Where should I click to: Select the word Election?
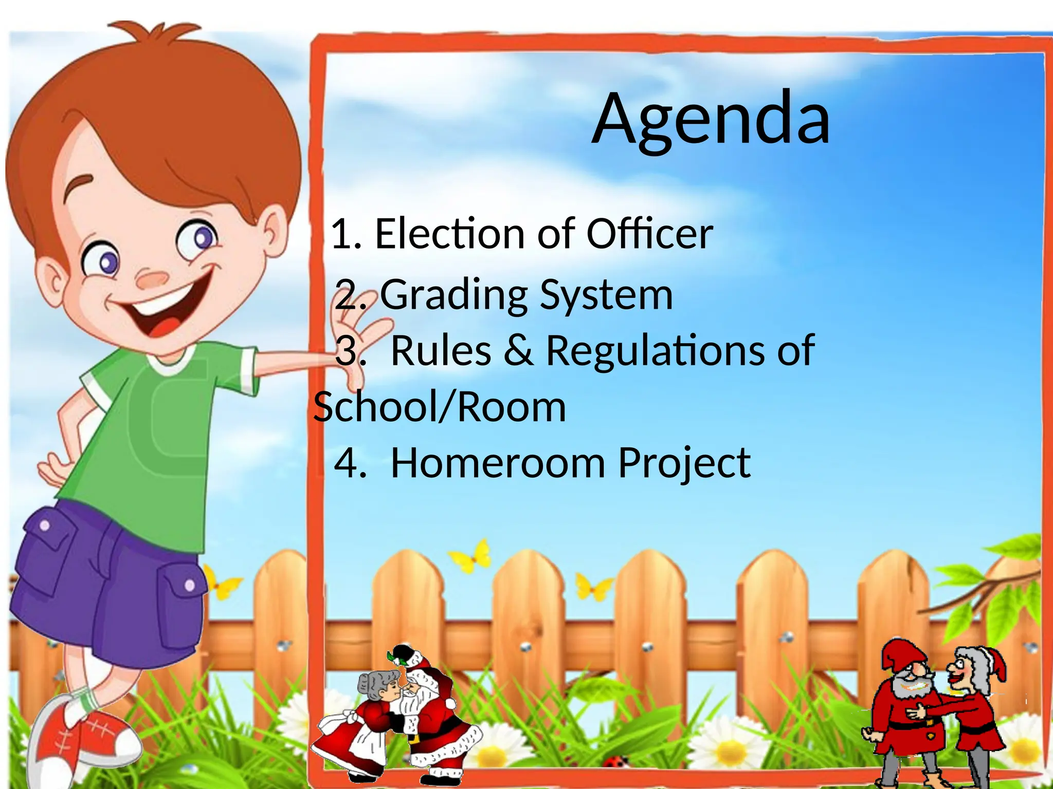tap(449, 234)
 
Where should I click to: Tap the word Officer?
tap(649, 234)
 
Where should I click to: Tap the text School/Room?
tap(440, 407)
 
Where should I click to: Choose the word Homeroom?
tap(498, 463)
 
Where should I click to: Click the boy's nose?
tap(152, 280)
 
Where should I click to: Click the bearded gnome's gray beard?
tap(907, 688)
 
